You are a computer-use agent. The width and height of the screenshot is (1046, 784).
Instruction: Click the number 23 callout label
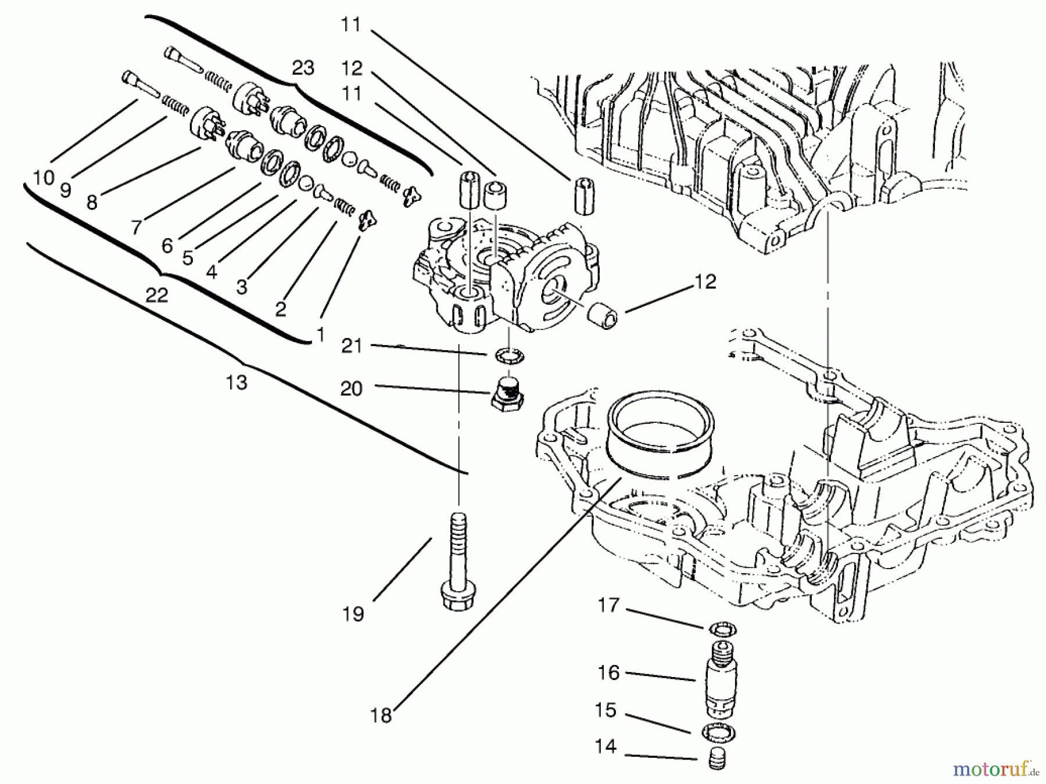303,68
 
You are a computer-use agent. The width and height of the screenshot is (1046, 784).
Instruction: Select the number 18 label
381,715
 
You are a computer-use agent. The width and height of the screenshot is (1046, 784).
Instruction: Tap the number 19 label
353,614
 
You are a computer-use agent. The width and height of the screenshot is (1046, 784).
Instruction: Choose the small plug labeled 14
718,760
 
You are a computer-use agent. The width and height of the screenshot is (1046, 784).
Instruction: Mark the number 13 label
237,383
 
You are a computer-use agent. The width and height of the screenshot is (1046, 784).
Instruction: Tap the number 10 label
43,178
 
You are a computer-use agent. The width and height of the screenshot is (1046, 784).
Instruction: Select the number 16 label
608,672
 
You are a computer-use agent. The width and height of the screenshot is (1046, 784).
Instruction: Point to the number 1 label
319,335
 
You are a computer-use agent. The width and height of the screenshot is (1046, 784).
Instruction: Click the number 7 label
136,226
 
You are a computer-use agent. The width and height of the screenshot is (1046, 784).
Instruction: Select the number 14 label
606,746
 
